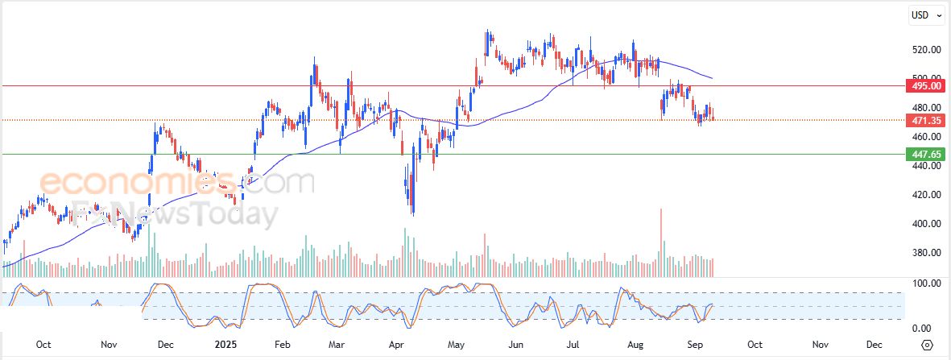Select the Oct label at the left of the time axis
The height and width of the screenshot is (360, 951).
(x=43, y=344)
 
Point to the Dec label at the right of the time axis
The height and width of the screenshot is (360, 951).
(x=874, y=344)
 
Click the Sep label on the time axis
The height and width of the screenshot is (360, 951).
(x=689, y=344)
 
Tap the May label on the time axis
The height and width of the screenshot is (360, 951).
(x=457, y=344)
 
